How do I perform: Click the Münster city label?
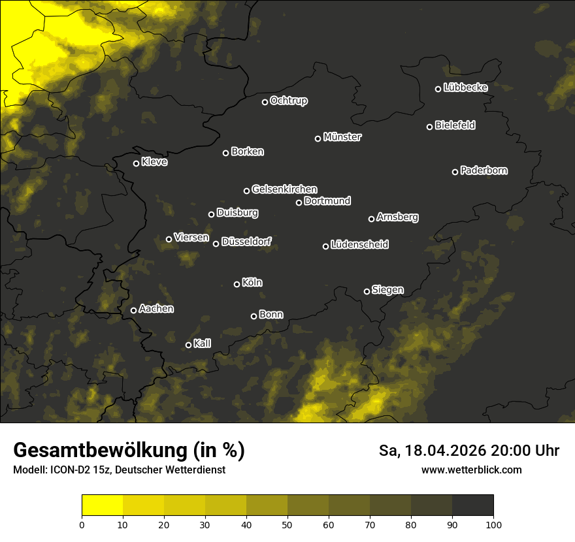(x=342, y=137)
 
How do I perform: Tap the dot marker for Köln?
(x=237, y=284)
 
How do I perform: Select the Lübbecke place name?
(x=465, y=88)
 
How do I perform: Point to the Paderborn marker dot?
(x=455, y=172)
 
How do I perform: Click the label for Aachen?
(x=156, y=309)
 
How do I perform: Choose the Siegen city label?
(x=387, y=290)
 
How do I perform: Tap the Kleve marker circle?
(x=136, y=163)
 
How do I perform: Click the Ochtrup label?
(x=288, y=101)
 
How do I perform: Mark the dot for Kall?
(x=188, y=345)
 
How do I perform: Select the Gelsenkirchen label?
(x=284, y=189)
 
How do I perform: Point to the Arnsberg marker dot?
(x=371, y=219)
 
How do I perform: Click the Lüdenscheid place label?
(x=359, y=245)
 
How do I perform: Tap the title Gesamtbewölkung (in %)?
(x=129, y=451)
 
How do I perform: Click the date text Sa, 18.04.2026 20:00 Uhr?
(x=469, y=451)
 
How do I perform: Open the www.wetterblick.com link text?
(x=471, y=470)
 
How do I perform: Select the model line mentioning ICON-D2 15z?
(x=119, y=470)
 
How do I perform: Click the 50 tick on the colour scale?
(x=287, y=524)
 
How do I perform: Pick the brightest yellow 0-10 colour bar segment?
(x=102, y=505)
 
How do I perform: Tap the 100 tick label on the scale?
(x=493, y=524)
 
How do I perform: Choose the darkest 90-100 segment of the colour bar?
(x=472, y=505)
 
